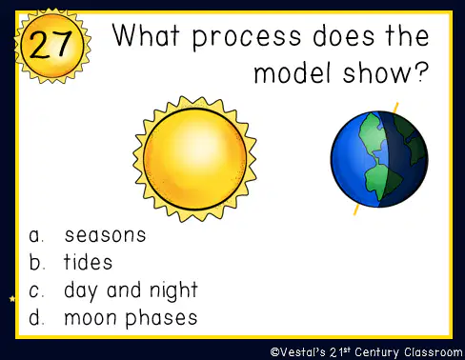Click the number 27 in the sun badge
51,45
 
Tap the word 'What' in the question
146,35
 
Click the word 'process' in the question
247,38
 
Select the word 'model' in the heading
293,72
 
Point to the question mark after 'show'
421,72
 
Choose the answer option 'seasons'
105,235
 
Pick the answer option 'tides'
88,262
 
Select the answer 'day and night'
131,290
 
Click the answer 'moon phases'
131,318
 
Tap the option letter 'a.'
36,235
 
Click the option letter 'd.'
36,317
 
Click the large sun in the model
194,159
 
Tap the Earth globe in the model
379,159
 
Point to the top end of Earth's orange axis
396,103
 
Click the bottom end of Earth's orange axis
354,214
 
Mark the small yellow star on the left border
12,299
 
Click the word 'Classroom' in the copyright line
434,352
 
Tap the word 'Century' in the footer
376,352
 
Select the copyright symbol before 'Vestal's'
274,352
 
